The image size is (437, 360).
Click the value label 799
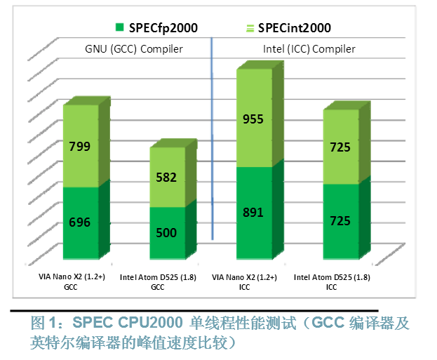(x=79, y=147)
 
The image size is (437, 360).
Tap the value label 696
(x=79, y=222)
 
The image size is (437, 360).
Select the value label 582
(x=166, y=178)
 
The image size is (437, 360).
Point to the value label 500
(x=166, y=233)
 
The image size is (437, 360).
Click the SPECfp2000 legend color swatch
(x=120, y=27)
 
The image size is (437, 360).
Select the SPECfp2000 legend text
(x=163, y=28)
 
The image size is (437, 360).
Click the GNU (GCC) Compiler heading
(x=134, y=49)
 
